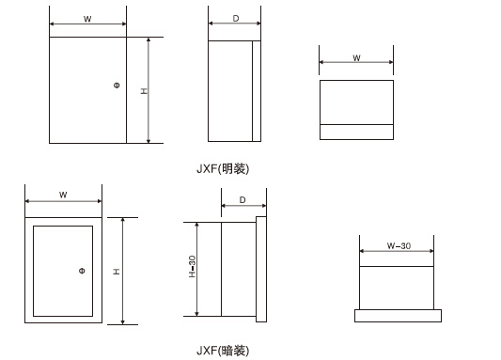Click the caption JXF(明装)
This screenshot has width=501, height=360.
222,169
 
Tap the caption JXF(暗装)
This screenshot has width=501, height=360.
222,351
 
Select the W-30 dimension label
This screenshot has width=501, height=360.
399,246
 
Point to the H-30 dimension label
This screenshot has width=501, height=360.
192,268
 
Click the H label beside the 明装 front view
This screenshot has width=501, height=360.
144,91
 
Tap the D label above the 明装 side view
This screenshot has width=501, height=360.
235,19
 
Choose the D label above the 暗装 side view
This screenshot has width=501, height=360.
243,200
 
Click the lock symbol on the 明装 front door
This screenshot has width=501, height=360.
116,86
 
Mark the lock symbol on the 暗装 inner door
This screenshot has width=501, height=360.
82,271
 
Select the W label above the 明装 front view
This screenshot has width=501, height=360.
87,19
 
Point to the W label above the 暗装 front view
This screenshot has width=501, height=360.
63,196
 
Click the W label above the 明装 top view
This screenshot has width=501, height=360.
357,58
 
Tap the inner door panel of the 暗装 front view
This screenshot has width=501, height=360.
62,270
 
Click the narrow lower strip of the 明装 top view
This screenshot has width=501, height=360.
356,133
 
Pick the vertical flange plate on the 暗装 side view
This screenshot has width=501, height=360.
261,268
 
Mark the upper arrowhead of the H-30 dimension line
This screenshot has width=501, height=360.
197,226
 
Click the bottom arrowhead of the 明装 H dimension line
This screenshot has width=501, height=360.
149,140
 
